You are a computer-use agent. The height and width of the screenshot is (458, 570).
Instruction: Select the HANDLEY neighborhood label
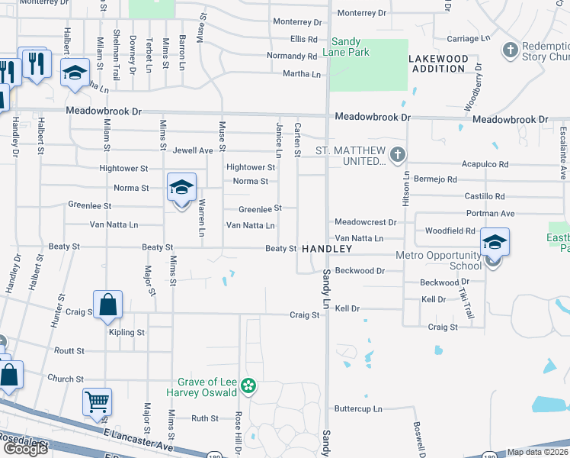pyautogui.click(x=327, y=250)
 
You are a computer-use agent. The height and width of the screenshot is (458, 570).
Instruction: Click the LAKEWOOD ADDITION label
pyautogui.click(x=438, y=63)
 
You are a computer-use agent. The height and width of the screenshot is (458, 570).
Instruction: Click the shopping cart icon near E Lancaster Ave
pyautogui.click(x=97, y=401)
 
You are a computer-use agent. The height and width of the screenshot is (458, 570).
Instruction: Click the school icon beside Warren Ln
pyautogui.click(x=181, y=188)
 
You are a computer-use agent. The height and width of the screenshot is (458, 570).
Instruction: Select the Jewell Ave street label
pyautogui.click(x=193, y=150)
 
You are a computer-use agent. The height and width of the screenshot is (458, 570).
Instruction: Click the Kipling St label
pyautogui.click(x=126, y=333)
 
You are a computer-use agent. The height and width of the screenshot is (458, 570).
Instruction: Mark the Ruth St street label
pyautogui.click(x=204, y=418)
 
